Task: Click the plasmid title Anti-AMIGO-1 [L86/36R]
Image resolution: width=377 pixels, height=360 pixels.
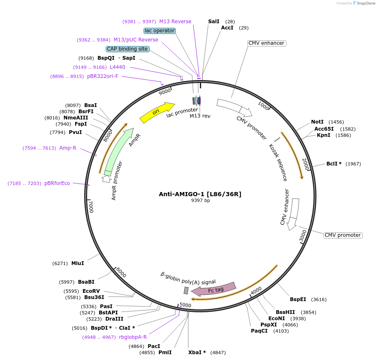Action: pos(200,194)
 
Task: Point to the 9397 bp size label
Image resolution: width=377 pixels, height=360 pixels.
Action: pos(200,201)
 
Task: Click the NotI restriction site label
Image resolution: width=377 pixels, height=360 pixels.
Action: pos(317,122)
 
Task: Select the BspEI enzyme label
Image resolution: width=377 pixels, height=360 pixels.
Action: pos(298,299)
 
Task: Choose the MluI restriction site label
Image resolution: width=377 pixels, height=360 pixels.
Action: pos(78,263)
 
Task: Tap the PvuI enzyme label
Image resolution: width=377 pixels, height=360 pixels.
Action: pos(75,132)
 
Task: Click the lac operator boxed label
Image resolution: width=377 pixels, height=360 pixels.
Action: pos(160,31)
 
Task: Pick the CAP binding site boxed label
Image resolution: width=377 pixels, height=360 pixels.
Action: pos(127,49)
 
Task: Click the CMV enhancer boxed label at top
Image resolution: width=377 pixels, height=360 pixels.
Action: pos(266,43)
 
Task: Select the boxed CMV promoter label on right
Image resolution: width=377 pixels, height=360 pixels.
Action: pos(343,235)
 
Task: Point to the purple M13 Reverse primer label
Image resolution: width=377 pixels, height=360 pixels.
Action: pos(175,22)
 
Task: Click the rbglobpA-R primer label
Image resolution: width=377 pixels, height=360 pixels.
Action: pos(133,337)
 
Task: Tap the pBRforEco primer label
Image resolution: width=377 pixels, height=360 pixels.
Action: pos(57,183)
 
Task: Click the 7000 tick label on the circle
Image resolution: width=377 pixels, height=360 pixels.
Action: pos(91,206)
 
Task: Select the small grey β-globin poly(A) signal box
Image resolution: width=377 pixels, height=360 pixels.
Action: pos(186,290)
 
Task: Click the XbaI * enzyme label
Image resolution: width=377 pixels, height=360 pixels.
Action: pos(197,353)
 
